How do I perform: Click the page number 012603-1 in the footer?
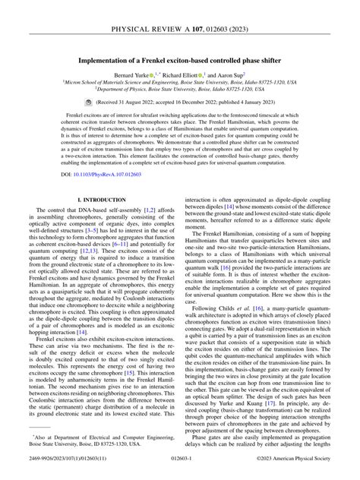(179, 470)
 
